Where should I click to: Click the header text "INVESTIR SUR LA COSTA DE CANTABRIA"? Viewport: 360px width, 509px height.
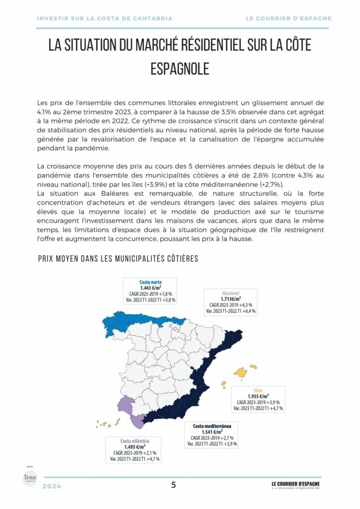105,18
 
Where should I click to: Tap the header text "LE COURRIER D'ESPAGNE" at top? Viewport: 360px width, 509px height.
288,18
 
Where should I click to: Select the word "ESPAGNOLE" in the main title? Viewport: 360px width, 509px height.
180,69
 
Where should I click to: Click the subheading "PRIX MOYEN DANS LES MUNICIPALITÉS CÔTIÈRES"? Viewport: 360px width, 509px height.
118,259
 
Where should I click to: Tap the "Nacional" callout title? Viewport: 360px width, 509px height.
232,293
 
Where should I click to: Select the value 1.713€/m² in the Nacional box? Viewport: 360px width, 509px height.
232,299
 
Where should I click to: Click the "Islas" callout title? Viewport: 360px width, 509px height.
258,390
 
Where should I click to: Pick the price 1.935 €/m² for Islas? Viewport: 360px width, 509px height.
258,396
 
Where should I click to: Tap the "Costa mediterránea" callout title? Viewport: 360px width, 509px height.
212,426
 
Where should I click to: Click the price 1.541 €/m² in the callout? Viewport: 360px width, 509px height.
212,432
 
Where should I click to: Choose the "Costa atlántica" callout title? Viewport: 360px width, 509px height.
135,441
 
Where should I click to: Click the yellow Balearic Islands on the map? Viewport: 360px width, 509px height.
242,372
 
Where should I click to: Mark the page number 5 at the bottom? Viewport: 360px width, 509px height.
174,486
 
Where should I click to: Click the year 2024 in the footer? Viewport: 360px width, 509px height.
52,487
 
